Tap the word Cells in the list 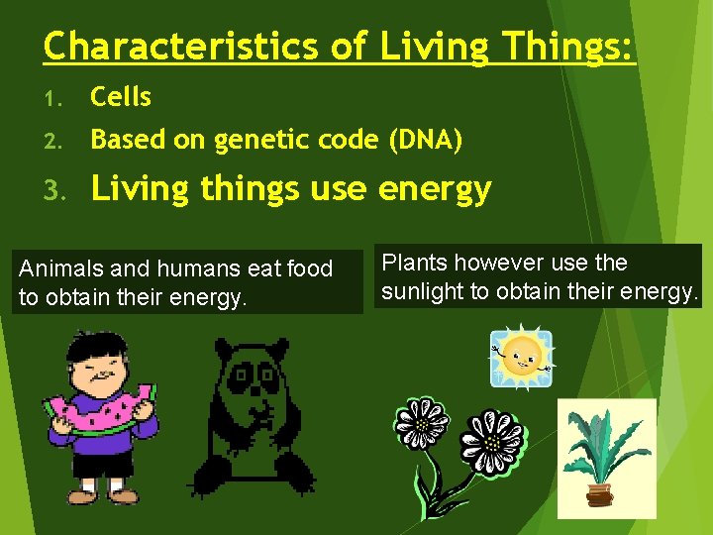tap(121, 97)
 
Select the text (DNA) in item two tap(425, 141)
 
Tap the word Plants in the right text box tap(413, 264)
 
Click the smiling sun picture tap(522, 355)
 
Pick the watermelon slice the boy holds tap(99, 413)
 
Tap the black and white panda tap(253, 416)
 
